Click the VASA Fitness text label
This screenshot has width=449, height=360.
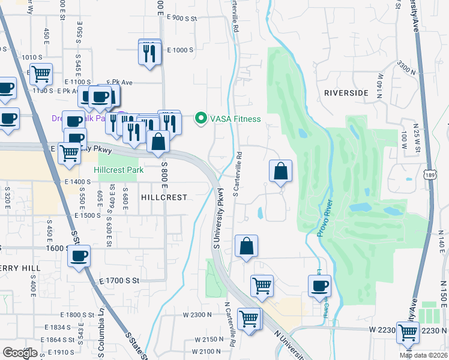tap(235, 119)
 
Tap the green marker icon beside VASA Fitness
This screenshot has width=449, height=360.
tap(201, 119)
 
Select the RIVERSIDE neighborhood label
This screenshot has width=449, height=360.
tap(345, 93)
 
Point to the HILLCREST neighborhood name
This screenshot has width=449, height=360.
tap(164, 197)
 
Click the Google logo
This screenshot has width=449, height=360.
tap(20, 353)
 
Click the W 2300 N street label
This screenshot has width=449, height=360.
tap(198, 314)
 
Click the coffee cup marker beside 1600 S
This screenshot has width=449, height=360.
tap(79, 257)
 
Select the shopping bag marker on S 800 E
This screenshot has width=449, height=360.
tap(158, 143)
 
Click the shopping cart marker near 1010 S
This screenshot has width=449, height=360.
tap(41, 74)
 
